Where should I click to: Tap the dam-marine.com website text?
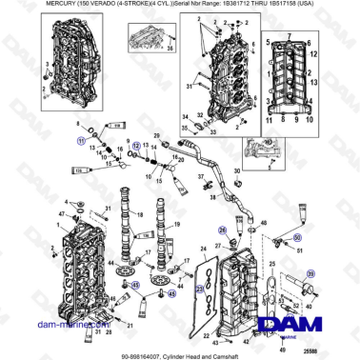click(65, 326)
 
